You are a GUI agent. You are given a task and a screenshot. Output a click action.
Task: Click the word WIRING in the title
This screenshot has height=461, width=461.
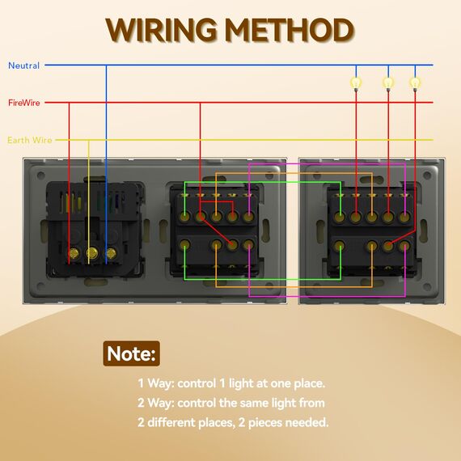(161, 30)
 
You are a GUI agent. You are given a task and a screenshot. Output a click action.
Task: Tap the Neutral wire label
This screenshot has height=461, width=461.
(23, 66)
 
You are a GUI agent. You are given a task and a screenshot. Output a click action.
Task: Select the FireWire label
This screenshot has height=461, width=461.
(24, 103)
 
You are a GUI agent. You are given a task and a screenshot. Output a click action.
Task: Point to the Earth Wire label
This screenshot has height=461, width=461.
(30, 140)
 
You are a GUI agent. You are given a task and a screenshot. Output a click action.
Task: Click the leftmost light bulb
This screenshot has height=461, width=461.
(356, 83)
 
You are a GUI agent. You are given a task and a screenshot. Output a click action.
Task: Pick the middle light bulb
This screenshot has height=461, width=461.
(388, 83)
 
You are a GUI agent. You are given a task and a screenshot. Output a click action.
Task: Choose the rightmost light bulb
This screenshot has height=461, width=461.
(415, 83)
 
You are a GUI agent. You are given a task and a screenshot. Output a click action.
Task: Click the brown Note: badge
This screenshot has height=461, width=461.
(131, 353)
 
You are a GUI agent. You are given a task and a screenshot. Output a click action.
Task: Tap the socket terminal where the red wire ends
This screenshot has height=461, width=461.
(74, 253)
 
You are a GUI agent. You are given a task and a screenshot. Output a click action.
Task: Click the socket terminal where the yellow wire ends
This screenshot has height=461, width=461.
(92, 253)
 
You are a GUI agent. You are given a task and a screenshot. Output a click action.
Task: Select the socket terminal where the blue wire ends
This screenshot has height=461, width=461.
(111, 253)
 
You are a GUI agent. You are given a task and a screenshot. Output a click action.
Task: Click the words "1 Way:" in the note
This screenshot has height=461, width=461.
(156, 383)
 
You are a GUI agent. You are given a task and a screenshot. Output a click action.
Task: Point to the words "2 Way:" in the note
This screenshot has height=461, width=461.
(156, 403)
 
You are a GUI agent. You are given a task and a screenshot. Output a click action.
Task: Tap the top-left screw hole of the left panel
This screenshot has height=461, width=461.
(41, 176)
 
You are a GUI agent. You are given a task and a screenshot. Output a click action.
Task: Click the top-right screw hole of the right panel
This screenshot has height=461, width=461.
(427, 176)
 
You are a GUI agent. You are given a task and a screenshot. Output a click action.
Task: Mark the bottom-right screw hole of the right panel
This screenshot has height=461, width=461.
(427, 286)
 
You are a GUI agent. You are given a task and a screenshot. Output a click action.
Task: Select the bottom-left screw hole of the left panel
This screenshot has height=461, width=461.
(41, 286)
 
